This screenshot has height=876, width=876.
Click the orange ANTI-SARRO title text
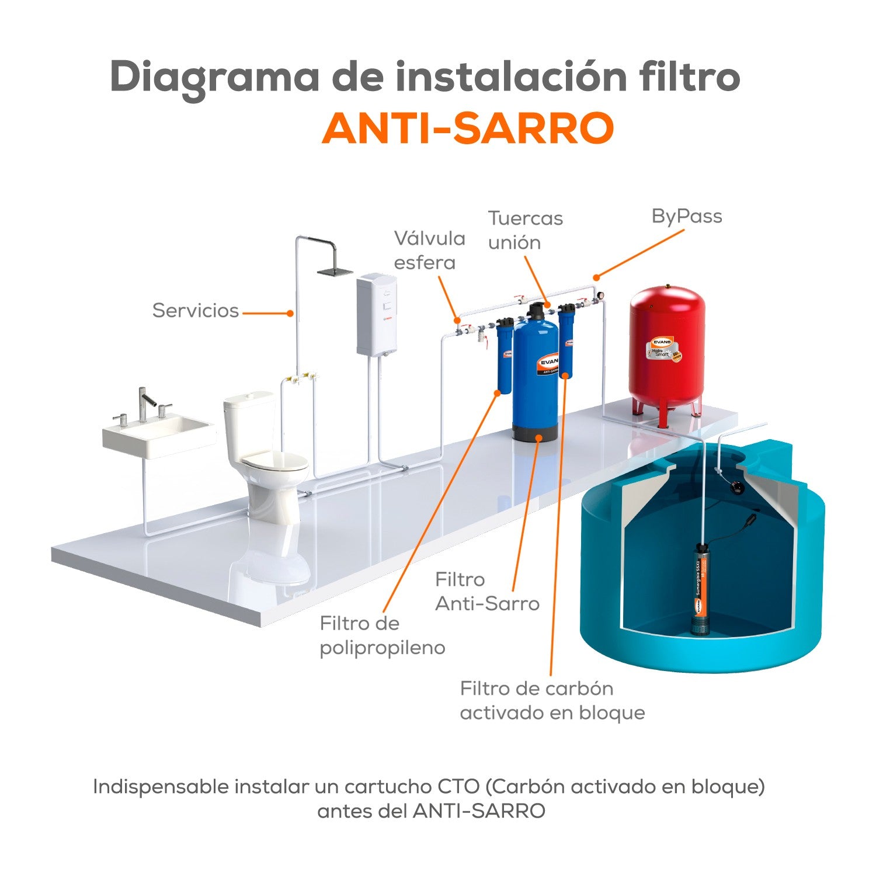pyautogui.click(x=467, y=128)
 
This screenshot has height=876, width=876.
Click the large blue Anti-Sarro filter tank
pyautogui.click(x=534, y=374)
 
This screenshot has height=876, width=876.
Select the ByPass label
pyautogui.click(x=687, y=216)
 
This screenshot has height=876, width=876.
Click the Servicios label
pyautogui.click(x=196, y=310)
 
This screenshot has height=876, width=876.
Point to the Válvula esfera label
pyautogui.click(x=429, y=250)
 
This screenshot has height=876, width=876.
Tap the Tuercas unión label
pyautogui.click(x=525, y=230)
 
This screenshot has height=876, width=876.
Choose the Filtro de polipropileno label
pyautogui.click(x=382, y=635)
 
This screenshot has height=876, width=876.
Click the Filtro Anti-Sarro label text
pyautogui.click(x=487, y=592)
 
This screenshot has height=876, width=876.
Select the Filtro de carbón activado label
pyautogui.click(x=552, y=700)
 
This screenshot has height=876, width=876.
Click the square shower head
pyautogui.click(x=335, y=271)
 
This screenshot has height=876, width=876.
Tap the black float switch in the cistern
pyautogui.click(x=738, y=486)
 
